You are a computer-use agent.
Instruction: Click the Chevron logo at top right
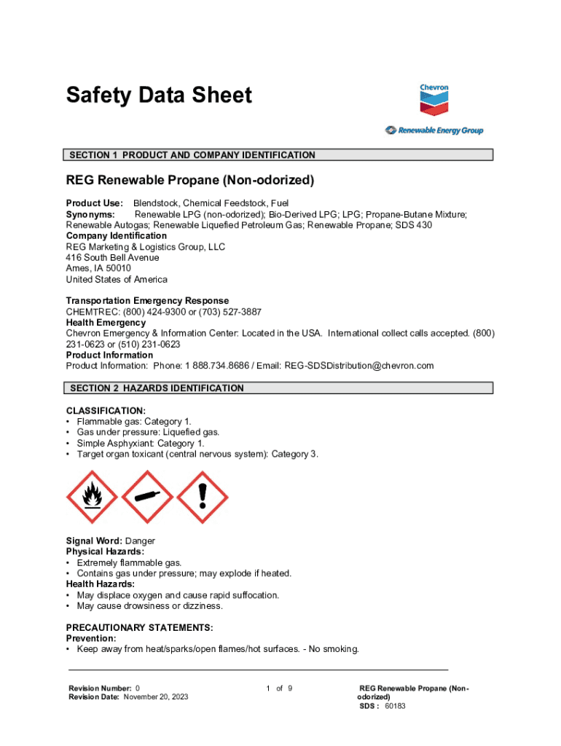[x=433, y=101]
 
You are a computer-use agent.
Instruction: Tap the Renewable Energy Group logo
[x=434, y=131]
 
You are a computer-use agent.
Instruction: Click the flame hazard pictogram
[x=91, y=497]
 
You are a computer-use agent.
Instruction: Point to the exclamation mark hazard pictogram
[x=202, y=497]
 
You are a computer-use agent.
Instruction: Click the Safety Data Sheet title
[x=159, y=95]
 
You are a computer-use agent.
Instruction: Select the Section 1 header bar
[x=279, y=155]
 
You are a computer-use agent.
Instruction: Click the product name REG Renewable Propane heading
[x=190, y=180]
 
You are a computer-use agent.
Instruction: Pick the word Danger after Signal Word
[x=140, y=541]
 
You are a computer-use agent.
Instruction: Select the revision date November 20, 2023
[x=155, y=697]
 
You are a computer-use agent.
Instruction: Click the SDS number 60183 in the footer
[x=395, y=706]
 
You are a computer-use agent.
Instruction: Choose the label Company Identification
[x=116, y=236]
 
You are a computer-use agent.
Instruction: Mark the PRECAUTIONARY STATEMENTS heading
[x=139, y=627]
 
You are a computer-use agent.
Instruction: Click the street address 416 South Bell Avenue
[x=112, y=257]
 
